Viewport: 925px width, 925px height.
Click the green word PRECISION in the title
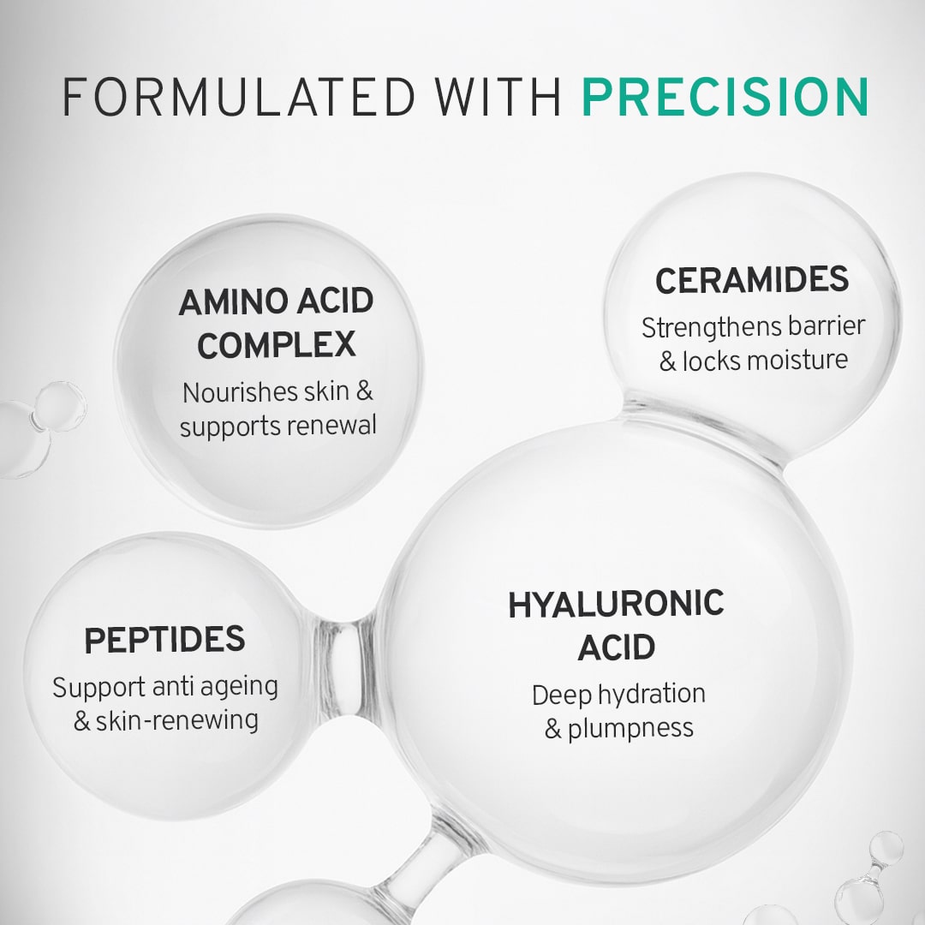tap(725, 97)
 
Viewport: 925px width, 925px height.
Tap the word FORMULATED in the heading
tap(239, 97)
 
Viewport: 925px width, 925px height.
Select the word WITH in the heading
tap(498, 97)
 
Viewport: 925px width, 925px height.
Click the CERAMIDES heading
tap(752, 279)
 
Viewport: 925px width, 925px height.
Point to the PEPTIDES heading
tap(164, 640)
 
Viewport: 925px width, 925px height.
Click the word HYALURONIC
tap(616, 604)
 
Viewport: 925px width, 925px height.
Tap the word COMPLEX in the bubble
tap(276, 345)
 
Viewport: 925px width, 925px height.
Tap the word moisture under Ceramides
tap(797, 360)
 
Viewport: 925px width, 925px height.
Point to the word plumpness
tap(630, 729)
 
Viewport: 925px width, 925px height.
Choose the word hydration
tap(652, 695)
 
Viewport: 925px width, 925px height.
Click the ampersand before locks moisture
tap(668, 361)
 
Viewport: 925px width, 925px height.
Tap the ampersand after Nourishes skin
tap(365, 391)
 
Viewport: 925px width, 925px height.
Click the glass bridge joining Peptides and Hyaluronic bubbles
tap(346, 665)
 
